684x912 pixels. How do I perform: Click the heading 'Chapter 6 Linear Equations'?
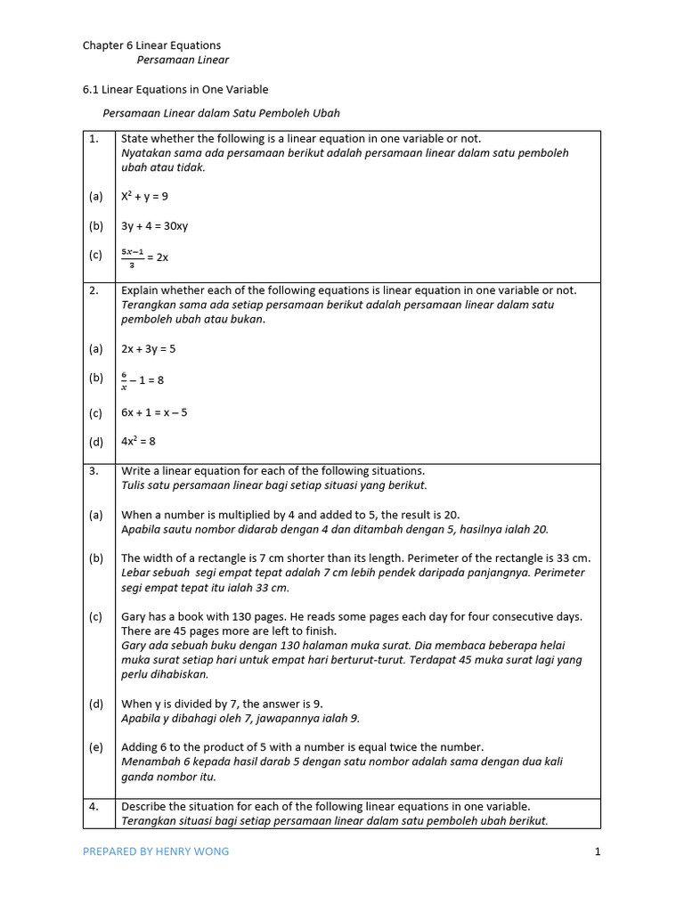151,45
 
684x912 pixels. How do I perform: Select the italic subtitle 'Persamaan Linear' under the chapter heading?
183,61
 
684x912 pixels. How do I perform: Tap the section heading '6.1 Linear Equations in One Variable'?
175,90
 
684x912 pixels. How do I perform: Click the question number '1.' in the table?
94,139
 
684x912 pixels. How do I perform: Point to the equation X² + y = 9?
144,197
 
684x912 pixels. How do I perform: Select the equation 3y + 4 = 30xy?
154,226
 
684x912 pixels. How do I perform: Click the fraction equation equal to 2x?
144,256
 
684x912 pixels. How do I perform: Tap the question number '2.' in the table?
94,290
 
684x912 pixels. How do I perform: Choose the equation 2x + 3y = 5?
148,349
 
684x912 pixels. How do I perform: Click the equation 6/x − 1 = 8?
142,379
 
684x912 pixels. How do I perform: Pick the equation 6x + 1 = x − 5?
154,412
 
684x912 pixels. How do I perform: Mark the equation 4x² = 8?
139,441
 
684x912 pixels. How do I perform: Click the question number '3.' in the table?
94,471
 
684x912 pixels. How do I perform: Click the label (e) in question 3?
95,747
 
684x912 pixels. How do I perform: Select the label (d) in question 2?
95,441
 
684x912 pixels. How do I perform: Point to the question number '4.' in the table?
94,807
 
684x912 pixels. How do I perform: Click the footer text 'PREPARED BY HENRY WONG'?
156,851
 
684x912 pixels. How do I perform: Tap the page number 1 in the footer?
598,851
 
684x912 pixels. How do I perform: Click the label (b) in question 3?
95,558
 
